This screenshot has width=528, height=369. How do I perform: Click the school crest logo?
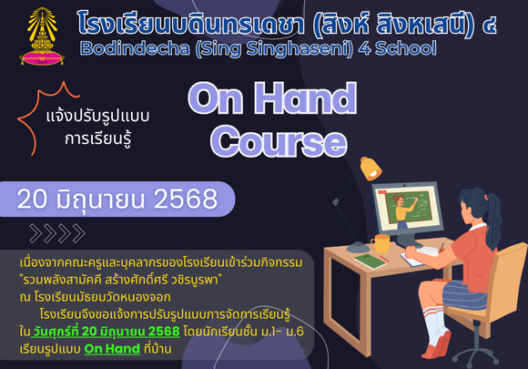(x=42, y=36)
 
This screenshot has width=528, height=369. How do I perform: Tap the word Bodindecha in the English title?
(x=135, y=48)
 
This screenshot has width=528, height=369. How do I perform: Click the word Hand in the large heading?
(x=305, y=98)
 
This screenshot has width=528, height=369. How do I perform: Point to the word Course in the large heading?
(x=279, y=141)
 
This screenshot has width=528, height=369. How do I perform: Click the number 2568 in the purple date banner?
(x=185, y=199)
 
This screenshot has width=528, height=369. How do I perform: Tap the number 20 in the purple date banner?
(x=32, y=199)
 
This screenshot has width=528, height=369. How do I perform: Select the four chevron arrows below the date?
(x=57, y=233)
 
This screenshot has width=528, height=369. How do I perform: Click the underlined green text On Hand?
(x=112, y=349)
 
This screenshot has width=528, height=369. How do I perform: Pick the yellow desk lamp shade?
(x=371, y=169)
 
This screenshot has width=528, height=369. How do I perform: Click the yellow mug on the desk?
(x=381, y=243)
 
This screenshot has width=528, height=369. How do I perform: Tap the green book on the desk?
(x=370, y=261)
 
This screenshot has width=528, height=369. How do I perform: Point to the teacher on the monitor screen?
(x=402, y=211)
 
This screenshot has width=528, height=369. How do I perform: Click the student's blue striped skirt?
(x=464, y=295)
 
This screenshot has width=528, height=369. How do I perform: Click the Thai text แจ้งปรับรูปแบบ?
(x=97, y=117)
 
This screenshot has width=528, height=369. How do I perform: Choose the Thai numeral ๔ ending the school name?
(x=489, y=26)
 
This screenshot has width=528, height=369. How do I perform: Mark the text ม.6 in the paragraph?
(x=295, y=332)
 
